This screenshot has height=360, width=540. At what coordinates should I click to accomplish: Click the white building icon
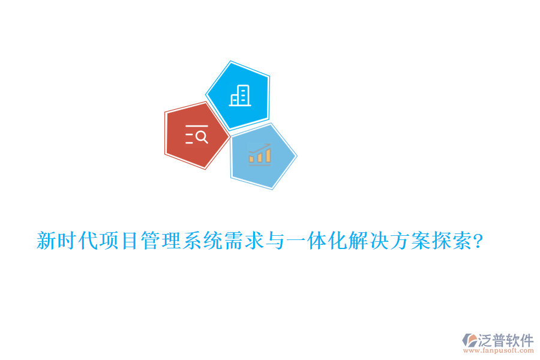(x=240, y=95)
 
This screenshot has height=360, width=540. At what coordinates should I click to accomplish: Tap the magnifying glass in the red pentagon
(x=202, y=137)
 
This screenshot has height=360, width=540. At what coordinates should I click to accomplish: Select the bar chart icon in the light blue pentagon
(x=260, y=155)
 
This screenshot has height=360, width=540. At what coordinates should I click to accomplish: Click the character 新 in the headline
(x=46, y=242)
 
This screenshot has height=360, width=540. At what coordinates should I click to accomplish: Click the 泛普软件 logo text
(x=506, y=340)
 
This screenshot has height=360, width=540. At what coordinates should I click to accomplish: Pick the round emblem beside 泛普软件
(x=469, y=341)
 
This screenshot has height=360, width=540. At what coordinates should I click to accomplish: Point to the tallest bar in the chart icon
(x=268, y=155)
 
